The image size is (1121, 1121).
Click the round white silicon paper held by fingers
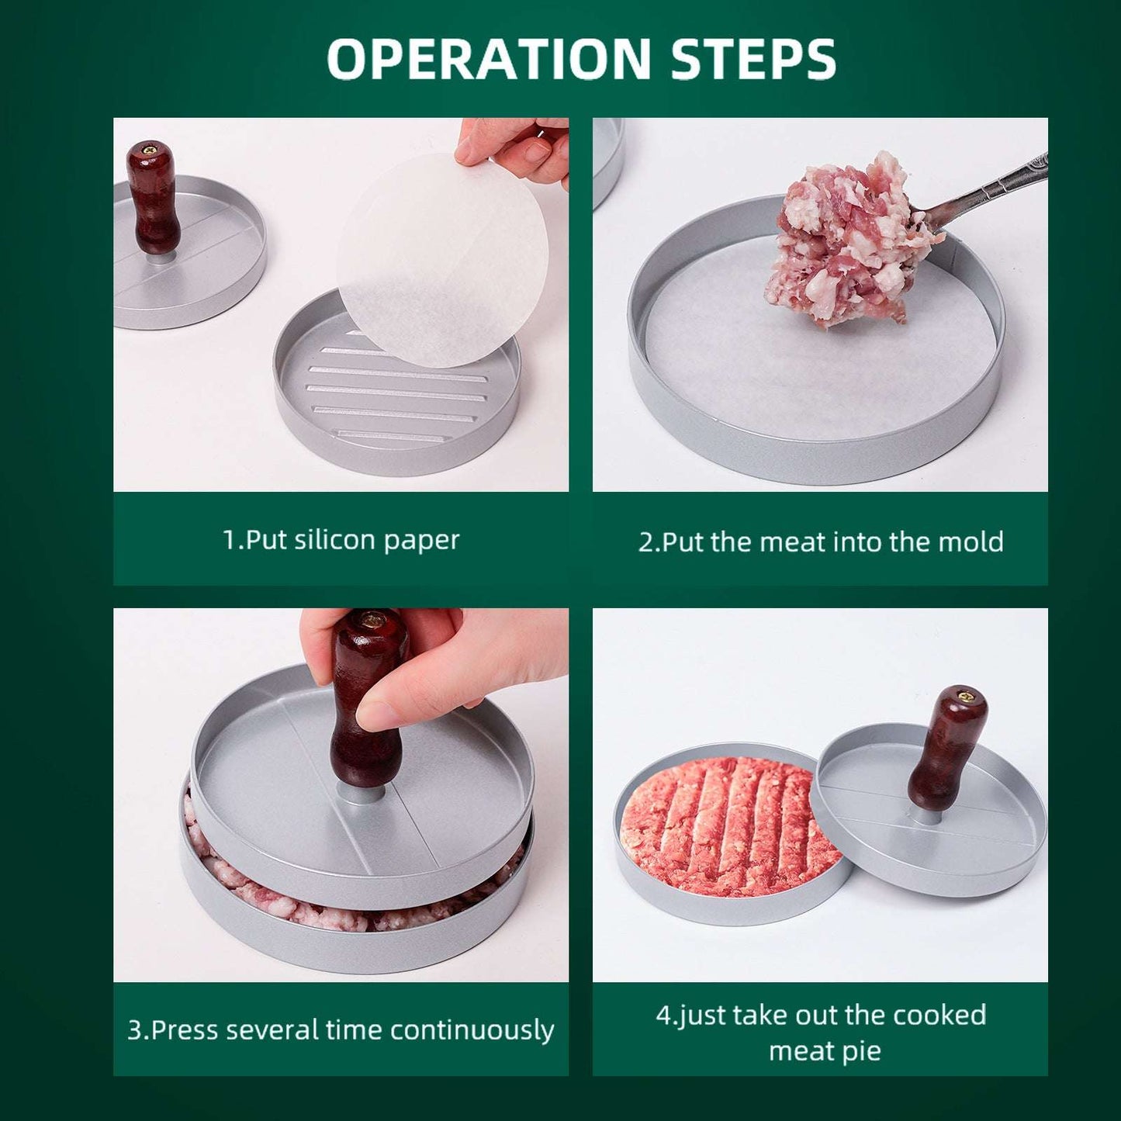coord(443,261)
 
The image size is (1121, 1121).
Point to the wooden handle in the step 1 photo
coord(153,198)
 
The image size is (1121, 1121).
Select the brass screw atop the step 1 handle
coord(153,149)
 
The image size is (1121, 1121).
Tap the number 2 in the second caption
coord(645,541)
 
